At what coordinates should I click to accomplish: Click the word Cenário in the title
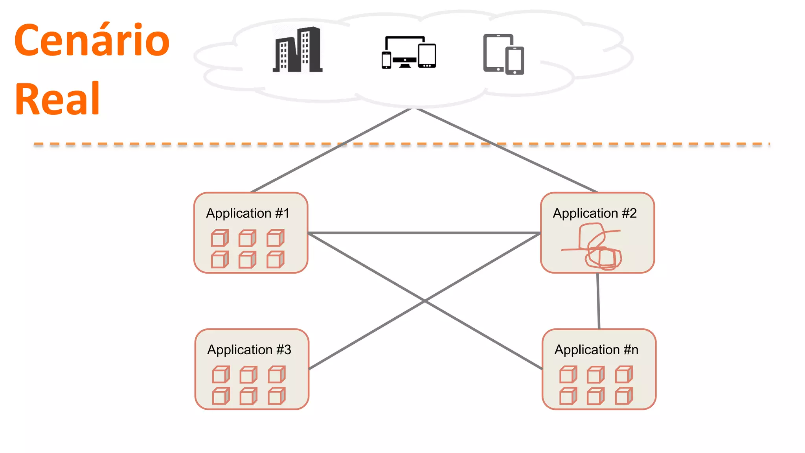pos(92,40)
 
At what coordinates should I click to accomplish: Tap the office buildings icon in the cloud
pos(298,50)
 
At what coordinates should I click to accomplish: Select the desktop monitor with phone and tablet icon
pos(409,52)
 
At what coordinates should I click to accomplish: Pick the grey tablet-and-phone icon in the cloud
pos(504,54)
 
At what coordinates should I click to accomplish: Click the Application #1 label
pos(248,213)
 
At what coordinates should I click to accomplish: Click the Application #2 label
pos(594,213)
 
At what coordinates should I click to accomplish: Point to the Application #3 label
pos(249,350)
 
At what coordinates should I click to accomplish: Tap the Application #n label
pos(596,350)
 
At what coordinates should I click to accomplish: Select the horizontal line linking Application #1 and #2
pos(425,233)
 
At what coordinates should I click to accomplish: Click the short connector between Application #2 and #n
pos(598,301)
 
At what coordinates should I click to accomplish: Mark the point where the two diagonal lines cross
pos(425,301)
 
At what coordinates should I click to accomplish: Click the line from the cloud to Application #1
pos(330,151)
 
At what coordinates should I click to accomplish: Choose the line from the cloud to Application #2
pos(507,151)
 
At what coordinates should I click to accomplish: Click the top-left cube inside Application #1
pos(220,238)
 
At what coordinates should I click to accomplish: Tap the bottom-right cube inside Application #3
pos(276,396)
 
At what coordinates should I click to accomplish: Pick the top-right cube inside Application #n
pos(624,375)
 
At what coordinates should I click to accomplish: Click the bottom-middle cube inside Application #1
pos(247,260)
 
